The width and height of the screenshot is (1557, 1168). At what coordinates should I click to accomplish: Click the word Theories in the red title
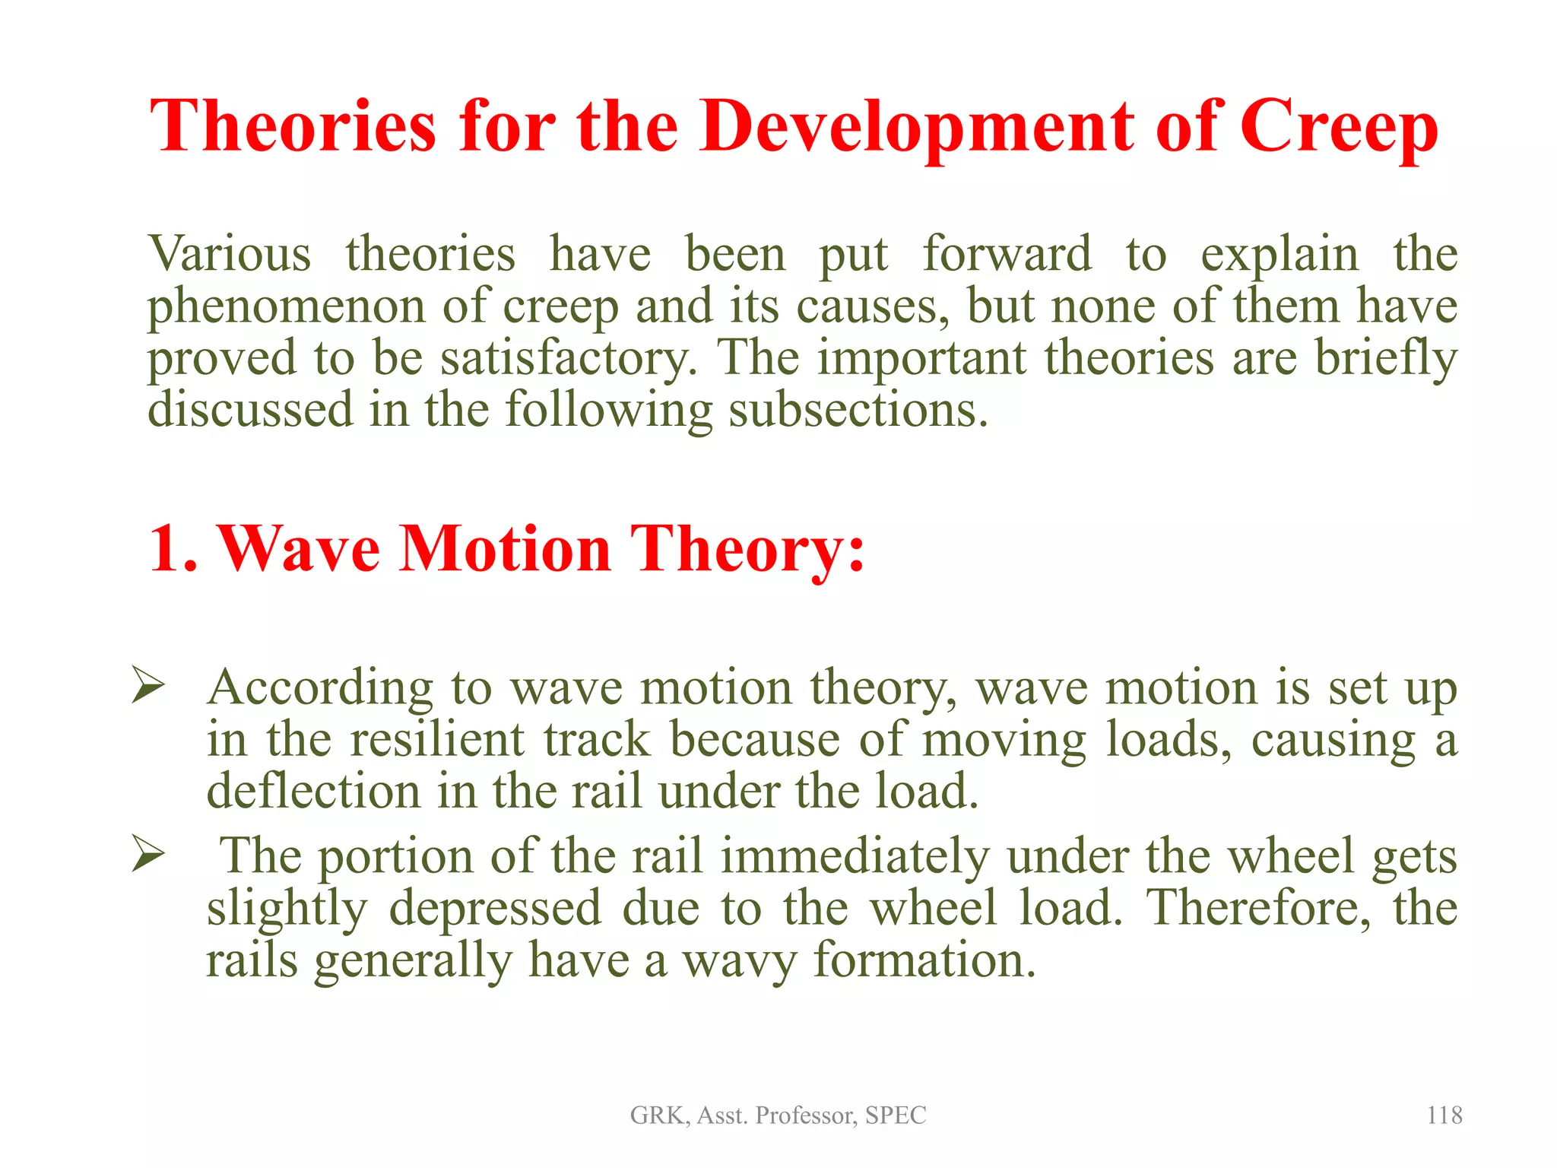(293, 126)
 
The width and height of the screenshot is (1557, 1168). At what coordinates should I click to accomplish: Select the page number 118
(1444, 1115)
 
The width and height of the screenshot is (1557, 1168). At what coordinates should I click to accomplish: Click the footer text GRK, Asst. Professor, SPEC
(778, 1115)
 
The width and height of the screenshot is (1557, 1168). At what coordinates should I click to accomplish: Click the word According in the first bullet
(320, 688)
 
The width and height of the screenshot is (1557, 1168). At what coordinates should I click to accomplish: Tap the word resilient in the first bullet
(436, 739)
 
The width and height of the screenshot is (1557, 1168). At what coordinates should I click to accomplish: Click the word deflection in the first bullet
(313, 791)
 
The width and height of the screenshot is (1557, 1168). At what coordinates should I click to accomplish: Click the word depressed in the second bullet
(496, 909)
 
